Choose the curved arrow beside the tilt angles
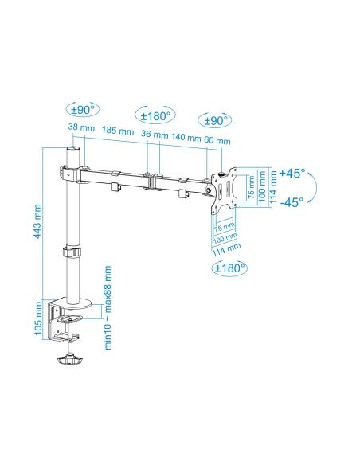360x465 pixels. coord(312,188)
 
